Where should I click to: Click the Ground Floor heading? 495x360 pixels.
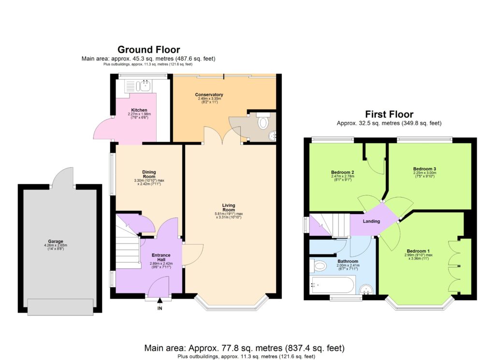click(148, 49)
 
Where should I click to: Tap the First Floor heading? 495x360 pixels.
click(389, 115)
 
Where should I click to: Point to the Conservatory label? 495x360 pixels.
click(209, 94)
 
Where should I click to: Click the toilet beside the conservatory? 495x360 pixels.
click(263, 123)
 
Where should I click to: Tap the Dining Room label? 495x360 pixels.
click(148, 174)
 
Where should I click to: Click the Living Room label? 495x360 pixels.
click(228, 207)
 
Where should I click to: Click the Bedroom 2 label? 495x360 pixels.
click(343, 173)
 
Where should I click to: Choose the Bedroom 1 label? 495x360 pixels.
click(418, 251)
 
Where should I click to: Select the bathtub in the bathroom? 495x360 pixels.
click(333, 285)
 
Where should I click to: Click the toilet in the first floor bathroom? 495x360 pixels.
click(320, 265)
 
